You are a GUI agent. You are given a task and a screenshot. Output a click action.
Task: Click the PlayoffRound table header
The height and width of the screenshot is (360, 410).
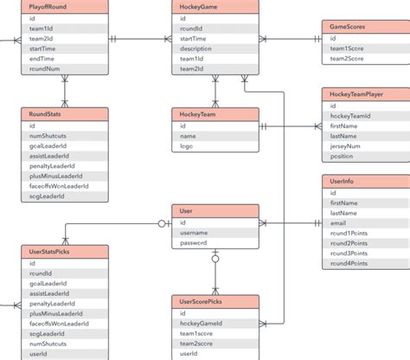[65, 6]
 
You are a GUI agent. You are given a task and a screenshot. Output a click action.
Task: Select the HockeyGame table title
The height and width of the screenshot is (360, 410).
[215, 6]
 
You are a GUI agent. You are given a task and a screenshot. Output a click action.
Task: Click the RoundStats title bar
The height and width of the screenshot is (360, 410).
[65, 113]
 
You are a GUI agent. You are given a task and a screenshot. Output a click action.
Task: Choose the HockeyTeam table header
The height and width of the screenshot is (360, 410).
[215, 113]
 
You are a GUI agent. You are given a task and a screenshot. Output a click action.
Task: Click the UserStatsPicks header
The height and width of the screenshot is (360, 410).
[65, 251]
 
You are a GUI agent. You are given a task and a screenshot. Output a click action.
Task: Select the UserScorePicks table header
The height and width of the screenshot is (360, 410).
[215, 301]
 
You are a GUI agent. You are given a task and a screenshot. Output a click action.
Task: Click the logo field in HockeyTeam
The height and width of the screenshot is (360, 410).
[188, 146]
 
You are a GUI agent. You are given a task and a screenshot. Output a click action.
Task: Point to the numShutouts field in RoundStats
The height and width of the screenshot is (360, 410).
[48, 136]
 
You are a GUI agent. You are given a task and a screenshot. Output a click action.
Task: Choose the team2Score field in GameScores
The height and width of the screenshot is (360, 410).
[349, 60]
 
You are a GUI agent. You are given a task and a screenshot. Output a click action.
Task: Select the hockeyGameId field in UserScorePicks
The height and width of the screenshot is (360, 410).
[202, 323]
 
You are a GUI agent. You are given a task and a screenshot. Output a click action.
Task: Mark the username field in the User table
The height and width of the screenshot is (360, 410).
[195, 233]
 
